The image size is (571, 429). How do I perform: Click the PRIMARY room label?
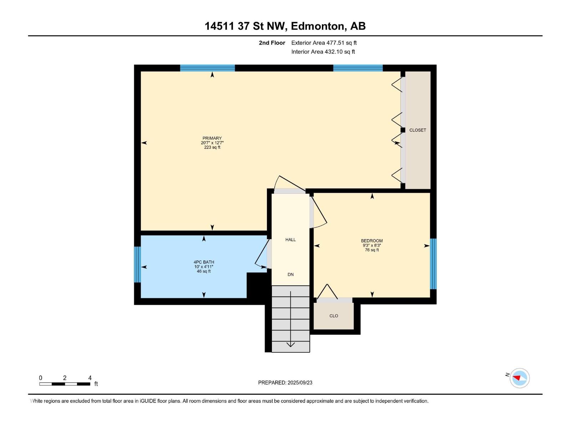[x=212, y=138]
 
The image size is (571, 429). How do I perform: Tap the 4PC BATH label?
[x=204, y=262]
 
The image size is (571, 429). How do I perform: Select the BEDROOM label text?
[x=372, y=241]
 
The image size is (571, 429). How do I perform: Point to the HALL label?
[x=290, y=240]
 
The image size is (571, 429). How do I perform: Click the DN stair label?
[x=290, y=274]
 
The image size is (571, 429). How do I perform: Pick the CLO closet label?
[x=334, y=316]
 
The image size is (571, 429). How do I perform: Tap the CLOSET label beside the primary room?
[x=418, y=130]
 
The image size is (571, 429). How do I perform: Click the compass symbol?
[x=520, y=378]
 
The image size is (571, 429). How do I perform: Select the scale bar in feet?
[x=65, y=384]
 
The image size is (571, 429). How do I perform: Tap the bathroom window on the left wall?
[x=137, y=265]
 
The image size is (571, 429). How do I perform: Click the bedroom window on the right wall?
[x=433, y=263]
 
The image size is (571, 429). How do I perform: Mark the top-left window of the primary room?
[x=207, y=68]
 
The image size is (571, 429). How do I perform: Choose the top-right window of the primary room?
[x=358, y=68]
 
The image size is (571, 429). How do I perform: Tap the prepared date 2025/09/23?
[x=300, y=383]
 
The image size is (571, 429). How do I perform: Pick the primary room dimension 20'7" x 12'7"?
[x=212, y=143]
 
